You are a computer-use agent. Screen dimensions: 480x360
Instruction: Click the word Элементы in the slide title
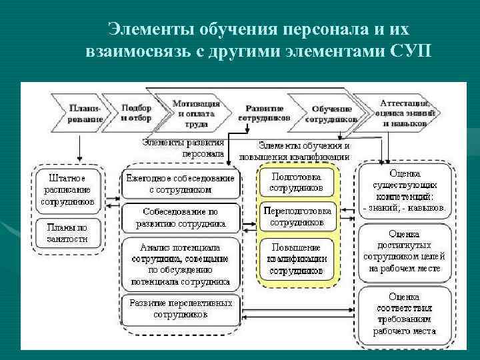click(x=145, y=30)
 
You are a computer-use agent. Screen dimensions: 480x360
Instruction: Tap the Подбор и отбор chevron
click(x=137, y=112)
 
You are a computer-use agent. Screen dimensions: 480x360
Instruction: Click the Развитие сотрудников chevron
click(x=265, y=112)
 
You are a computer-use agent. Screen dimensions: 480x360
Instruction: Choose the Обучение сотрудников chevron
click(x=331, y=113)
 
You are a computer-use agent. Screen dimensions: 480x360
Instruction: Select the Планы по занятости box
click(x=67, y=233)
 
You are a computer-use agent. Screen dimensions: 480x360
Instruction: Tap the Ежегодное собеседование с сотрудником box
click(x=180, y=184)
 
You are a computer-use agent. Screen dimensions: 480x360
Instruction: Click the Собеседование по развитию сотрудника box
click(x=180, y=217)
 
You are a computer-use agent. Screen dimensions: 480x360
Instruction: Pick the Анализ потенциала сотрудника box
click(x=180, y=263)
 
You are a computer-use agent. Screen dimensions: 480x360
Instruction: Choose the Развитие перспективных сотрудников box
click(x=180, y=308)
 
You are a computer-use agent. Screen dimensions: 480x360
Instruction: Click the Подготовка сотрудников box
click(x=297, y=183)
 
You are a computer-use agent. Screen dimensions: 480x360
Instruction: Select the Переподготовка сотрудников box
click(x=297, y=217)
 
